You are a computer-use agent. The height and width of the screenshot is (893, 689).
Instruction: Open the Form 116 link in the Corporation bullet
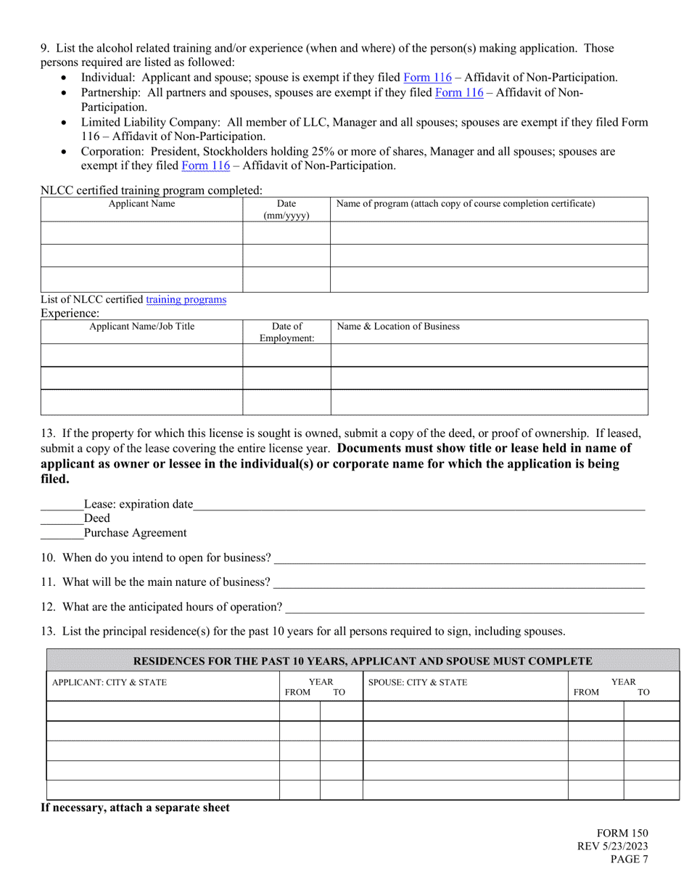click(x=205, y=166)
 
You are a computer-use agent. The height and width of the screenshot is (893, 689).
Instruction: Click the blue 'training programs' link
click(x=186, y=299)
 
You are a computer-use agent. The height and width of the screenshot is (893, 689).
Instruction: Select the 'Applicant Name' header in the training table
click(x=141, y=204)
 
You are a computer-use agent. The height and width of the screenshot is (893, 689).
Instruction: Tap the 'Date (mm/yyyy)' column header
click(x=286, y=210)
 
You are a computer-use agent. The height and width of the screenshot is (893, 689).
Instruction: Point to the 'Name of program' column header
click(x=465, y=204)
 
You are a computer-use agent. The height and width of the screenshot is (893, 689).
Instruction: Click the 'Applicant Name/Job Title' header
click(x=141, y=327)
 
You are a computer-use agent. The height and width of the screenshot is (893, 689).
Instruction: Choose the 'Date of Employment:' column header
click(x=286, y=333)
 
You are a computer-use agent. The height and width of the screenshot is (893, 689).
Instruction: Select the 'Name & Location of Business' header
click(x=399, y=327)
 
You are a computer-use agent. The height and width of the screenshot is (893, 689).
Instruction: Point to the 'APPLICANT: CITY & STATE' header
click(x=109, y=682)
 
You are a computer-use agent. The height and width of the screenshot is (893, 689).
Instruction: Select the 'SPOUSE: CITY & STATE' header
click(x=418, y=682)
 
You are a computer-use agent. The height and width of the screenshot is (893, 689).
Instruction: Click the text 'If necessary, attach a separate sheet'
click(x=135, y=807)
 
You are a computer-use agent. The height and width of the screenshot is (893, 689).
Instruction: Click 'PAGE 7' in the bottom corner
click(x=628, y=860)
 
